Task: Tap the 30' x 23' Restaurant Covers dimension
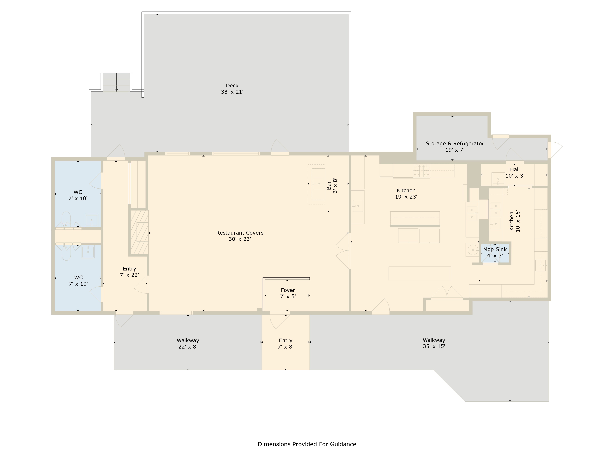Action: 240,239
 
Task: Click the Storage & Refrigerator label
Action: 455,144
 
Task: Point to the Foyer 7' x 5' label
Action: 288,293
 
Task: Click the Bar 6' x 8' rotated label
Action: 332,186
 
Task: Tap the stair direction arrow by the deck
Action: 117,82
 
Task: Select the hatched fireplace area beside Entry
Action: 140,232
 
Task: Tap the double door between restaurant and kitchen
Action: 344,251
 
